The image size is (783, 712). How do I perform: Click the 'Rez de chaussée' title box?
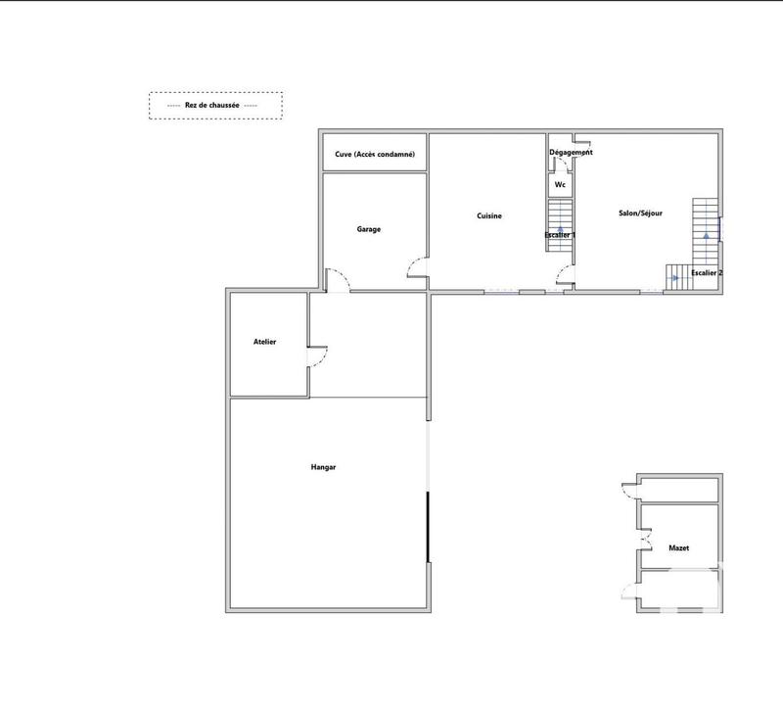215,105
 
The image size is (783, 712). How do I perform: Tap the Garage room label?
369,229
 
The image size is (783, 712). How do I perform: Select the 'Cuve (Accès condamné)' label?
375,155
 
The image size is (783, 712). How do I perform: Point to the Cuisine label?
489,215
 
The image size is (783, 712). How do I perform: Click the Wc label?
560,184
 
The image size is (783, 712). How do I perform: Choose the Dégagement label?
571,153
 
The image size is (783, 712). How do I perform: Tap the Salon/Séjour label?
642,213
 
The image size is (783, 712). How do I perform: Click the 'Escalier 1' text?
560,235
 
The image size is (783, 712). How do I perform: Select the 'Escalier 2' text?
707,272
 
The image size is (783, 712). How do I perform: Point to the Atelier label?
265,342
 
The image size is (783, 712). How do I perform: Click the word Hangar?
324,468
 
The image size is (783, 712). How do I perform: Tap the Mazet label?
678,548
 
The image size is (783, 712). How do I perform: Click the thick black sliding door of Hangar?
428,527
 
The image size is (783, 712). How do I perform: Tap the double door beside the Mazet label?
643,542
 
